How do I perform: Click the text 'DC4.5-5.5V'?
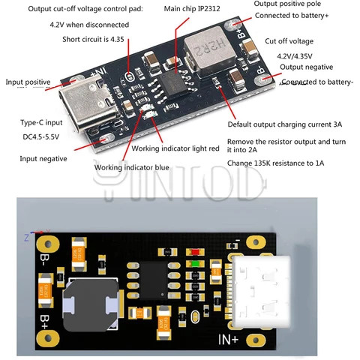pyautogui.click(x=39, y=137)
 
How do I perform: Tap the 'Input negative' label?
pyautogui.click(x=43, y=158)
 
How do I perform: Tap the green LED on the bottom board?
pyautogui.click(x=197, y=263)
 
